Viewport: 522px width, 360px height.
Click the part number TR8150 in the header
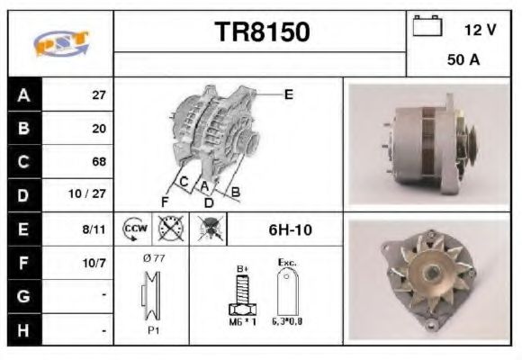point(261,32)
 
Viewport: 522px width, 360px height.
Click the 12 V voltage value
point(479,30)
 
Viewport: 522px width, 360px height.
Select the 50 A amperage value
point(462,62)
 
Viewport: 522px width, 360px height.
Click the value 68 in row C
point(99,162)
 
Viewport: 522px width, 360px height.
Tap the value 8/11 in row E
point(95,229)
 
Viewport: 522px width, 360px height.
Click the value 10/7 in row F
point(95,264)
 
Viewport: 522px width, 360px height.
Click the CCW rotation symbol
point(134,229)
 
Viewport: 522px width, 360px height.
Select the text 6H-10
point(290,229)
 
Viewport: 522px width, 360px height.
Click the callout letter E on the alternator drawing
point(288,94)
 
